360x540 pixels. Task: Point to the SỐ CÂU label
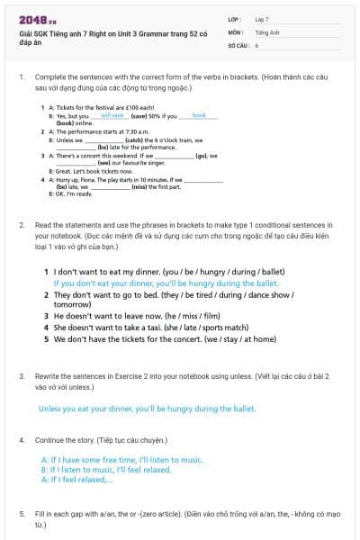237,44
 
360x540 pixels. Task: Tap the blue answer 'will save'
112,115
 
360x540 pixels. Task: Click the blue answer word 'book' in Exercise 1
199,115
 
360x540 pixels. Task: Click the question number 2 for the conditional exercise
21,223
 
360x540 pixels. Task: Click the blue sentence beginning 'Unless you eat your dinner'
147,408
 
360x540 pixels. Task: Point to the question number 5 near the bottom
21,513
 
